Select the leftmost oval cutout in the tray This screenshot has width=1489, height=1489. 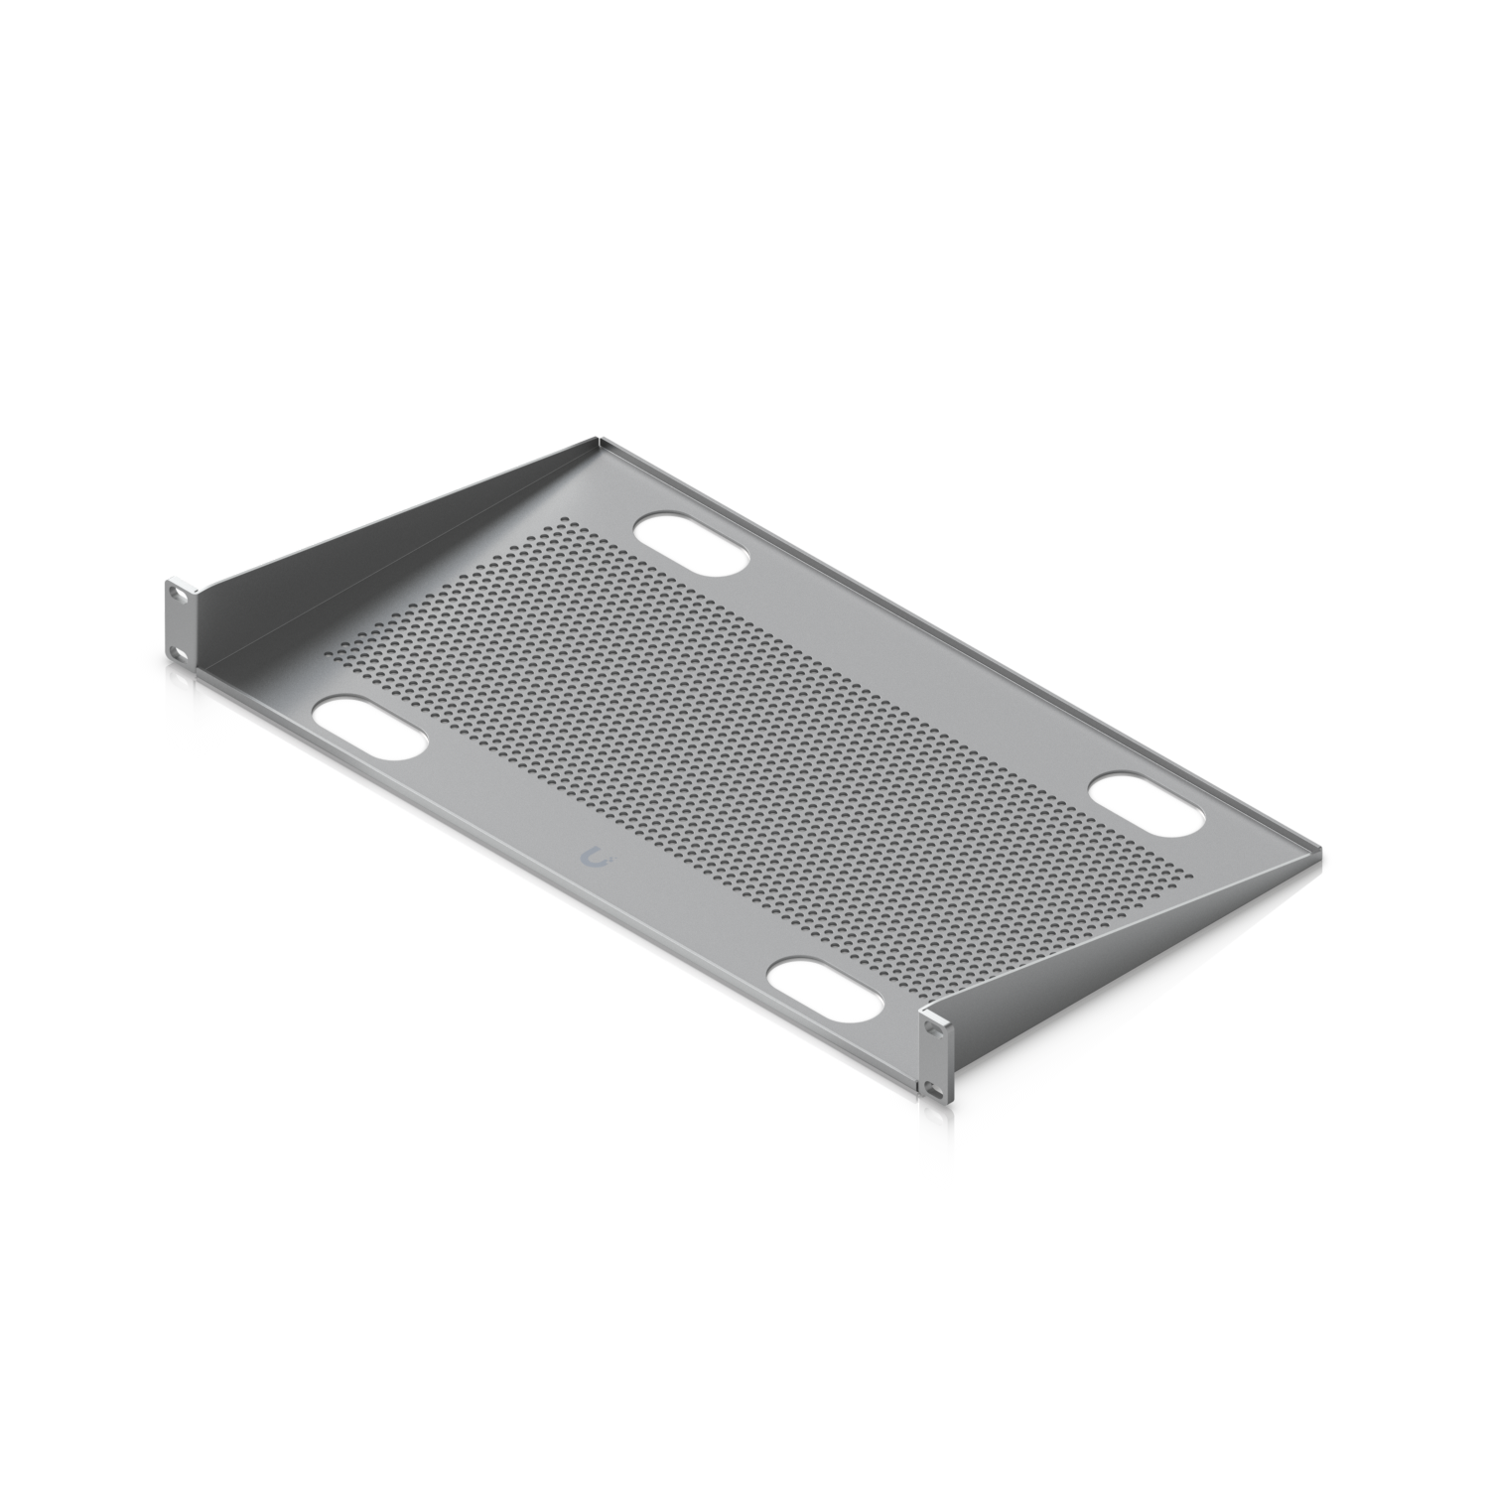[x=369, y=730]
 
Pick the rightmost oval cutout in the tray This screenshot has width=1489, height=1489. [x=1149, y=805]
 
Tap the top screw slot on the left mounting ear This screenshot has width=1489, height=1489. [x=177, y=593]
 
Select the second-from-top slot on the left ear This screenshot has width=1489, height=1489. [x=177, y=652]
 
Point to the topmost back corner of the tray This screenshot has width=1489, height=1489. [x=598, y=437]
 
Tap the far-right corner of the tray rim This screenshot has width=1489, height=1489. [x=1320, y=852]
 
